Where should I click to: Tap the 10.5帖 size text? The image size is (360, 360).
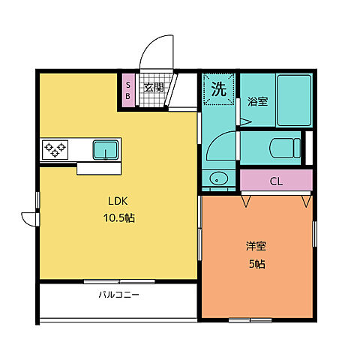click(x=118, y=218)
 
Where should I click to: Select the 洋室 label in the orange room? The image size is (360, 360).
click(x=256, y=246)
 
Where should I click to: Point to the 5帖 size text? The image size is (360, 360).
click(x=256, y=263)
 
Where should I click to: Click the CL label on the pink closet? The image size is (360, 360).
click(x=276, y=181)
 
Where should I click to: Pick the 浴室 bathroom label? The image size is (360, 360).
click(x=259, y=101)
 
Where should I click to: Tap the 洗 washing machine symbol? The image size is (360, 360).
click(x=218, y=89)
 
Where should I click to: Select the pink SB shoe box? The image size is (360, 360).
click(x=128, y=91)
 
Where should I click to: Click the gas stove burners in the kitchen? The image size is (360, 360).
click(x=55, y=148)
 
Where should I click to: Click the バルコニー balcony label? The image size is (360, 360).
click(x=118, y=295)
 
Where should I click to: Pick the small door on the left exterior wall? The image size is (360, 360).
click(x=29, y=217)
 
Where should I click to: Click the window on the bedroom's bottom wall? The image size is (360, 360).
click(x=250, y=320)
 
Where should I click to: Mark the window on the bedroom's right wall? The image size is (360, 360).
click(x=314, y=233)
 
